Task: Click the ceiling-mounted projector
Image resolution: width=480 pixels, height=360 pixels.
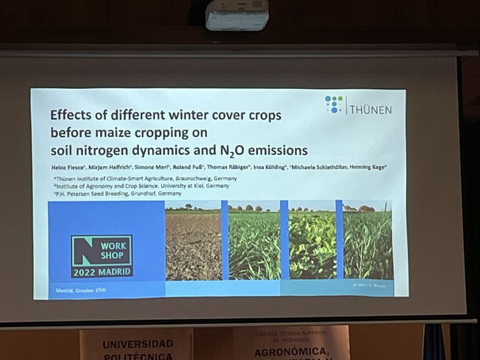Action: point(237,15)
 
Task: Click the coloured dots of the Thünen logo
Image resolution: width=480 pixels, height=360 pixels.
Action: point(334,104)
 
